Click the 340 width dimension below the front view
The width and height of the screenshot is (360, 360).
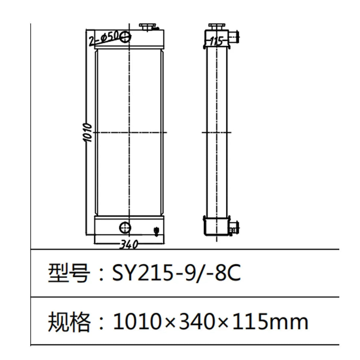click(x=128, y=244)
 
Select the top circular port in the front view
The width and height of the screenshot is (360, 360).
click(x=125, y=37)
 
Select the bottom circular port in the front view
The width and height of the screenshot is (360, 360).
click(x=125, y=227)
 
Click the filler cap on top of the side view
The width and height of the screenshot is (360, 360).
click(x=215, y=26)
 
